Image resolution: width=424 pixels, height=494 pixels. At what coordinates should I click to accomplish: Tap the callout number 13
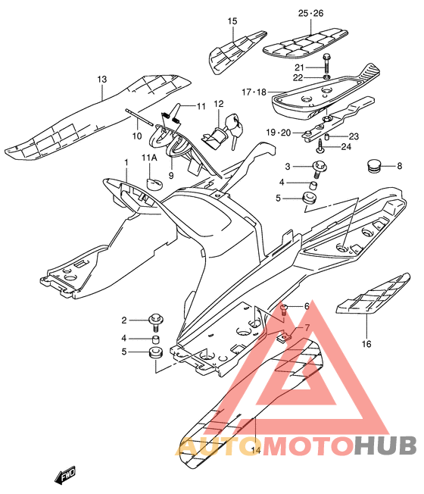point(101,79)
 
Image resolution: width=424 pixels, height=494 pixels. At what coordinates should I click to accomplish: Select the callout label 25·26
point(310,13)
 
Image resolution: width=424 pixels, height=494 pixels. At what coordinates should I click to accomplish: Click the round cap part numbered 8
point(374,166)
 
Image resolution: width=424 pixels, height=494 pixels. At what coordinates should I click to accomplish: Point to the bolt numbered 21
point(326,63)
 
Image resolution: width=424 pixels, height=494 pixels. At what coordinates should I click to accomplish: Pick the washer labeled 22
point(327,77)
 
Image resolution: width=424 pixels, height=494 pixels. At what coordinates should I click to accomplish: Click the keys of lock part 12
point(235,130)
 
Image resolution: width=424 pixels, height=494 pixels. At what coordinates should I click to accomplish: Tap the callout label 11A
point(149,158)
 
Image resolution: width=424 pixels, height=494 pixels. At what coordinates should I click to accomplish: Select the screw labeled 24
point(321,147)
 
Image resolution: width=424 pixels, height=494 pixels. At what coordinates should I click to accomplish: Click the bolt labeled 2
point(155,322)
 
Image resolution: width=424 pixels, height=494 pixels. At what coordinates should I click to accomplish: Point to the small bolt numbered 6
point(284,311)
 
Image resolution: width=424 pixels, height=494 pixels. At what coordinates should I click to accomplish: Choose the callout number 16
point(366,344)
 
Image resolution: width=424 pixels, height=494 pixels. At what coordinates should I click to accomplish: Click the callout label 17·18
point(254,92)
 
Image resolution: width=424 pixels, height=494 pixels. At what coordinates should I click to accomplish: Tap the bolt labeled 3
point(320,168)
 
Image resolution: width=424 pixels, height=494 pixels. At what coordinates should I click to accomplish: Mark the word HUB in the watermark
point(385,446)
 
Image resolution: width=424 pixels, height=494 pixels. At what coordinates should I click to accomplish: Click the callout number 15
point(232,21)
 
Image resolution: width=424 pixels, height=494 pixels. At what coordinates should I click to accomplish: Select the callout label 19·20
point(279,133)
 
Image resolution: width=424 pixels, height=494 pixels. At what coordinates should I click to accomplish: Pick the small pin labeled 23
point(327,136)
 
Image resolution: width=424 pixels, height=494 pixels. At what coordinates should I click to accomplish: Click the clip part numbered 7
point(284,337)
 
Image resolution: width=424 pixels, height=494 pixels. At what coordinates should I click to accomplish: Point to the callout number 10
point(137,136)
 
